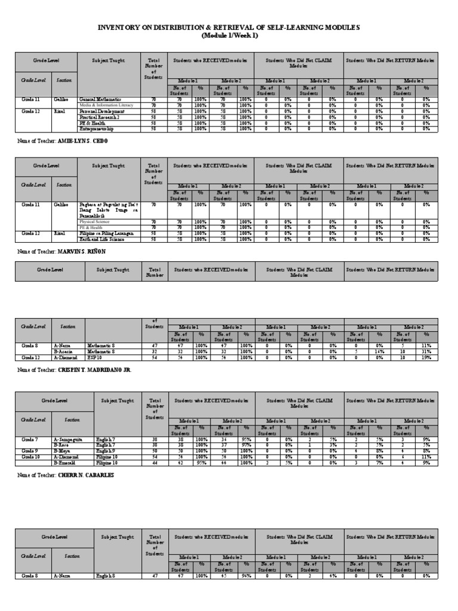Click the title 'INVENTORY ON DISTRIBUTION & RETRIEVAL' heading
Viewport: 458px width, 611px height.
pos(229,28)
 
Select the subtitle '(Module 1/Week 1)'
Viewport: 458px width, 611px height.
pos(229,36)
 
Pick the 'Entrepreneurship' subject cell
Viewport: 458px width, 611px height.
pos(98,128)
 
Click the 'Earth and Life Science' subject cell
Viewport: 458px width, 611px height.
pos(103,239)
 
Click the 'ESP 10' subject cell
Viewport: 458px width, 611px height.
pos(95,357)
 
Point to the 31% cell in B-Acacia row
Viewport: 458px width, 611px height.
pos(426,351)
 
